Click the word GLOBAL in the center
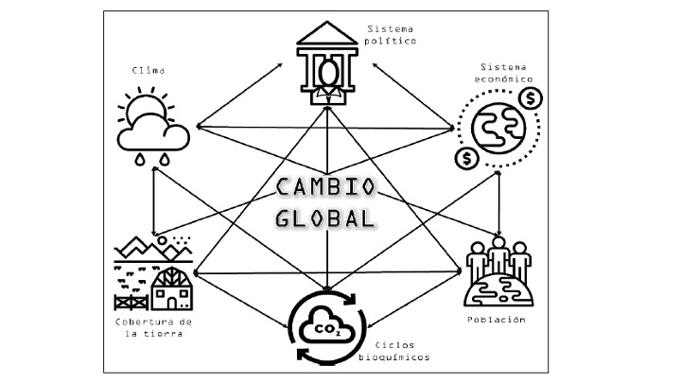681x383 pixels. (324, 218)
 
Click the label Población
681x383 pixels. (497, 320)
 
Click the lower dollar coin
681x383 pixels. (464, 157)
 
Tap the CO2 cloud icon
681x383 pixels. (327, 327)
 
